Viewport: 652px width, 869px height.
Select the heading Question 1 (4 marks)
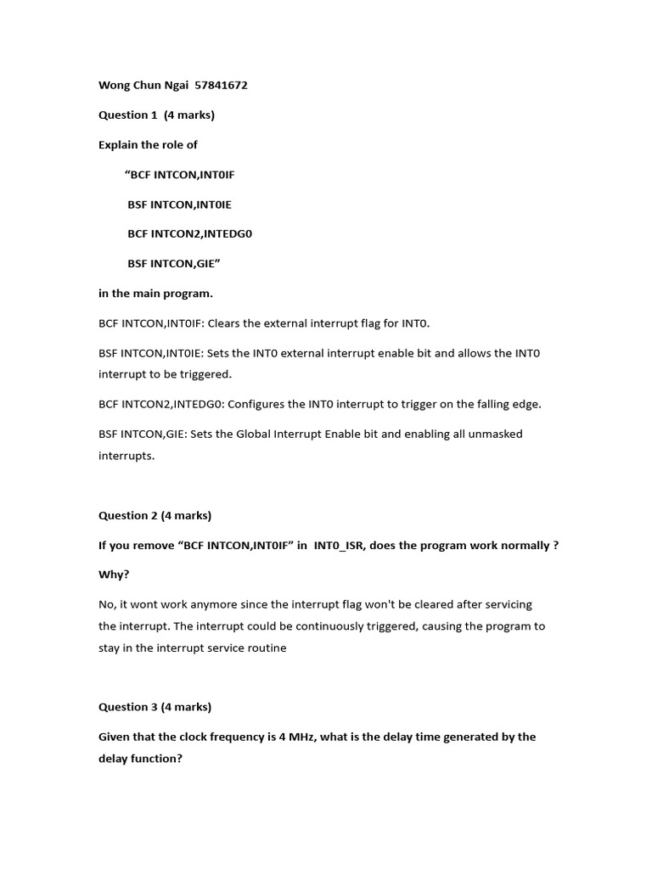tap(156, 115)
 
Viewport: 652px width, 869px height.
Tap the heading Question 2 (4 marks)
tap(155, 515)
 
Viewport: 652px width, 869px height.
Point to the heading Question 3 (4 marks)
tap(155, 707)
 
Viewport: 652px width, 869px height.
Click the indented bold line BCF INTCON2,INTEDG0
tap(190, 233)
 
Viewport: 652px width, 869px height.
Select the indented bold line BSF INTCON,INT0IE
tap(179, 205)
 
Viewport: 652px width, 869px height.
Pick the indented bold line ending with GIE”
tap(174, 264)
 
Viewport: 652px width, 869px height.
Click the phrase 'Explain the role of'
tap(148, 145)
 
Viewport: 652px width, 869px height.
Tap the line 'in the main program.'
tap(155, 294)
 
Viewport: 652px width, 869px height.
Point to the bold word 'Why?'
tap(114, 575)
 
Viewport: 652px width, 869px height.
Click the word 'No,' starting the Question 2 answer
tap(109, 605)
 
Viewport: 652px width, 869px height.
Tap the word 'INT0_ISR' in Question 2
tap(345, 546)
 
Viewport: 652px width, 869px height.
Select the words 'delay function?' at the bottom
tap(140, 759)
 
